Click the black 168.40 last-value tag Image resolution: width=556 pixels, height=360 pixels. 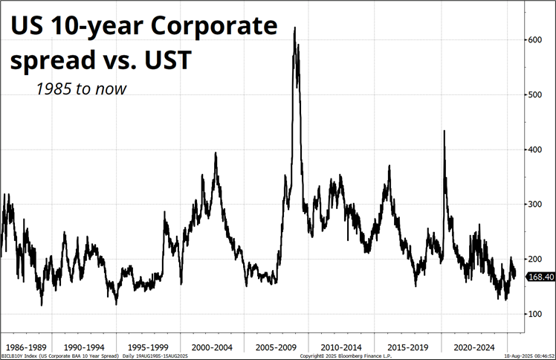pos(540,277)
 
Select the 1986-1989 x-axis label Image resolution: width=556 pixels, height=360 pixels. pos(28,347)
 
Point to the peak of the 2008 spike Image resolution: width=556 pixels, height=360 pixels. pos(295,28)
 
